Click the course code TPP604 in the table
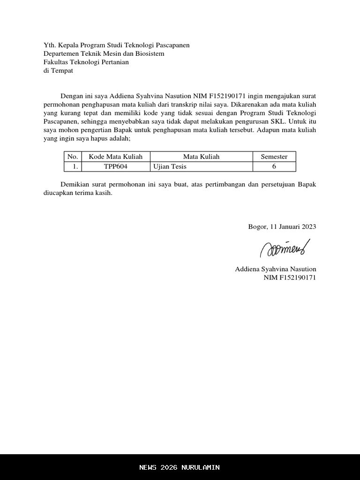(x=116, y=166)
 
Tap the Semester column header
(x=274, y=157)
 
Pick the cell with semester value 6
(x=274, y=166)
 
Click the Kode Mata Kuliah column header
(x=116, y=157)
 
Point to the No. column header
(x=73, y=157)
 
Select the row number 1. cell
(x=73, y=166)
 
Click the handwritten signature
(x=285, y=247)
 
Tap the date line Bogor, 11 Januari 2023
(x=282, y=227)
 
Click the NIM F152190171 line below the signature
(x=290, y=278)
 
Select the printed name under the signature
(x=276, y=269)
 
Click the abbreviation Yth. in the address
(x=49, y=45)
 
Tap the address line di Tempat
(x=58, y=71)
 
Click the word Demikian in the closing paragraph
(x=75, y=185)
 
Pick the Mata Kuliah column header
(x=201, y=157)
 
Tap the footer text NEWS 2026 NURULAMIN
(x=180, y=467)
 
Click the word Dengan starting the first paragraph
(x=71, y=96)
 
